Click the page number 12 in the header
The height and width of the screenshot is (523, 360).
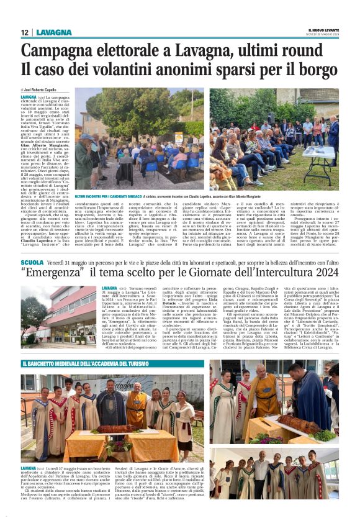25,32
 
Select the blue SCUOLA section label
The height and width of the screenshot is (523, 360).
32,263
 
